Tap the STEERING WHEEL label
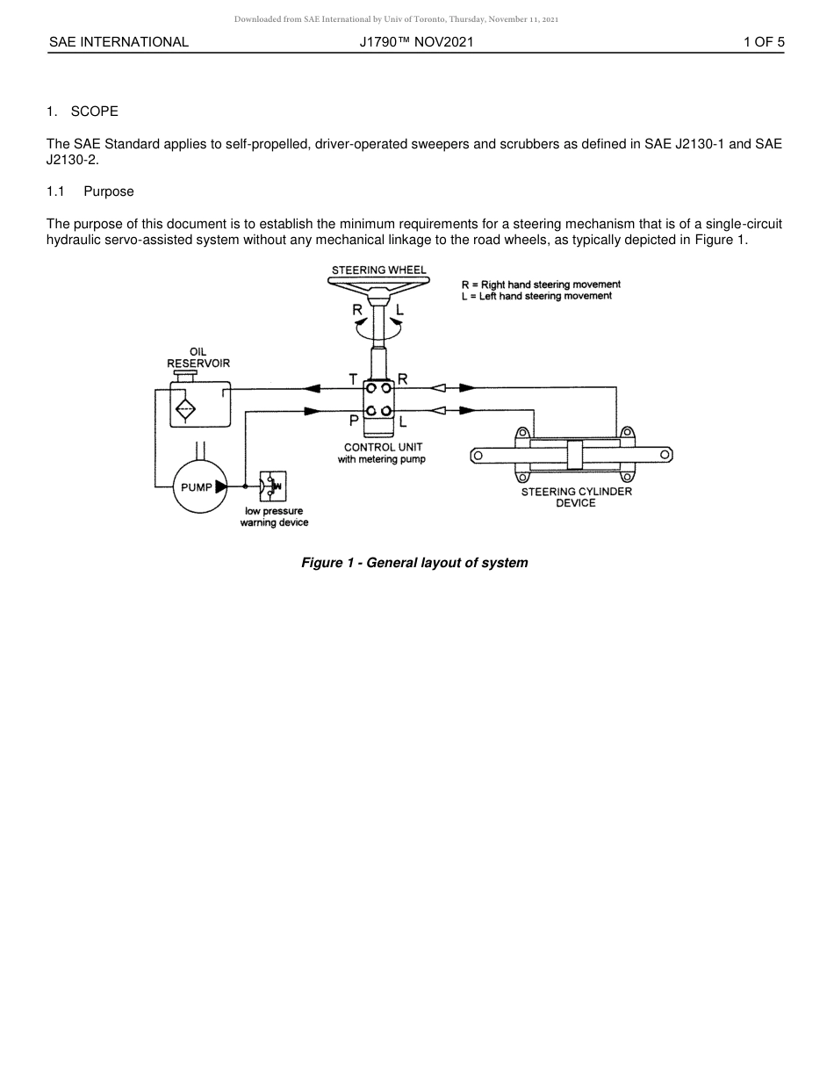(378, 270)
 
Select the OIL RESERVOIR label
(198, 357)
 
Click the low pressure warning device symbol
(272, 486)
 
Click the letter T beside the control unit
(353, 379)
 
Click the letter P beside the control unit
(353, 421)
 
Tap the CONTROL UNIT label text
(383, 447)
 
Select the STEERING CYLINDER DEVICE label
(576, 497)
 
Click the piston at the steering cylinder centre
(575, 455)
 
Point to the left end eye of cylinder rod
(478, 455)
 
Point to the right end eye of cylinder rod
(665, 454)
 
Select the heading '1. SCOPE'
(83, 112)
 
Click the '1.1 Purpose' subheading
(90, 191)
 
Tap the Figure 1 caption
(414, 563)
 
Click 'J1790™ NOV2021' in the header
(416, 41)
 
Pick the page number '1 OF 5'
(763, 41)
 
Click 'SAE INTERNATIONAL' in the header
(119, 41)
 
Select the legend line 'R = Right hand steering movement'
(541, 284)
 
